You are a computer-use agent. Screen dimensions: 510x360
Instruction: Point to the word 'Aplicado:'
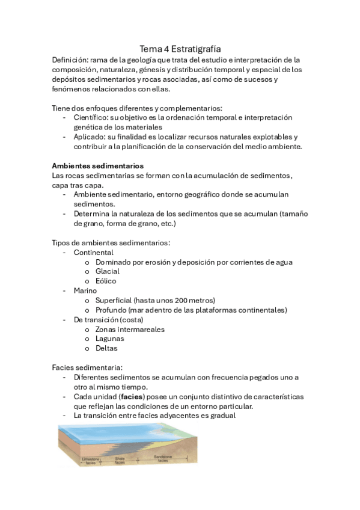(x=91, y=137)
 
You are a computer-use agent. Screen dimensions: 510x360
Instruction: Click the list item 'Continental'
(x=93, y=253)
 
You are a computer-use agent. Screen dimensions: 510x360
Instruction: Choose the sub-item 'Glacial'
(x=108, y=271)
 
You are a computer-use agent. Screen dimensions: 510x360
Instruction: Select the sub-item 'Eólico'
(x=106, y=281)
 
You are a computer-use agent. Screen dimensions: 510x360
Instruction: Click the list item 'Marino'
(x=85, y=290)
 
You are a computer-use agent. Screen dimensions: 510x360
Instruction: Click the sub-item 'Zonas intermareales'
(x=130, y=329)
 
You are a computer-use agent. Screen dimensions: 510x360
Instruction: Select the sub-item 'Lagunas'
(x=110, y=339)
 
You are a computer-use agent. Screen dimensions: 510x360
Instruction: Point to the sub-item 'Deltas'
(x=106, y=348)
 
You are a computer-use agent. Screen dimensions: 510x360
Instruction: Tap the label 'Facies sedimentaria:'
(x=87, y=367)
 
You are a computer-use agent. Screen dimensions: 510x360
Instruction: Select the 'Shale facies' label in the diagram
(x=120, y=461)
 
